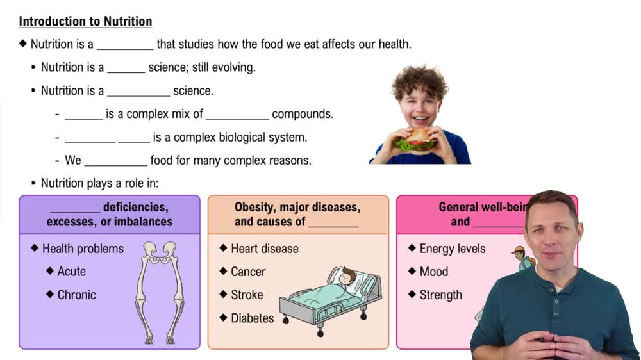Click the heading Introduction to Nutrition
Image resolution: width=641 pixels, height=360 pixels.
coord(85,21)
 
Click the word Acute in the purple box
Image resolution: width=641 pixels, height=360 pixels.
coord(71,272)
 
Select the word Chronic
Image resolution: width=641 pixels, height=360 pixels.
coord(76,295)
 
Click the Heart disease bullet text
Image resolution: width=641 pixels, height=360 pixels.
coord(264,249)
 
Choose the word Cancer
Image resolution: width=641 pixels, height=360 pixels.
coord(248,272)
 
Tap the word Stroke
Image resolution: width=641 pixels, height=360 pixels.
coord(247,295)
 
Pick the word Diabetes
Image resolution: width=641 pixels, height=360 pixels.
coord(252,318)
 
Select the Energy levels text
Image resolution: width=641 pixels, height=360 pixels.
coord(452,249)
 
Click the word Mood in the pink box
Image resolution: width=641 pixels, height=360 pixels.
coord(433,272)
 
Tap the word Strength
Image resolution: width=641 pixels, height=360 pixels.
coord(440,295)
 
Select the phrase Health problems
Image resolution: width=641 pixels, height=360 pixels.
coord(83,249)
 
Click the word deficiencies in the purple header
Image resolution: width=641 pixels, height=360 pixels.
coord(135,208)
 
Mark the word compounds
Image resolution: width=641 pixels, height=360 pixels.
coord(303,114)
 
